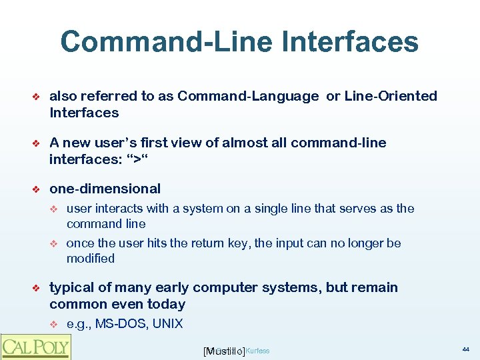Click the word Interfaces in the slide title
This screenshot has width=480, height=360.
351,41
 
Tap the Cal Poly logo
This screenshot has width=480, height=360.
35,346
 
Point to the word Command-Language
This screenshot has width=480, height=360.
248,96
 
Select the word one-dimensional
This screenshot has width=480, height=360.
105,189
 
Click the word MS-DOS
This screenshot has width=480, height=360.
122,324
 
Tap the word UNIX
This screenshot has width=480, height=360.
167,324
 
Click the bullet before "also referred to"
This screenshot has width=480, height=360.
37,97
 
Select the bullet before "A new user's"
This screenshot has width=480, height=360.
37,143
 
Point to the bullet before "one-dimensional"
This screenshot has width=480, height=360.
37,189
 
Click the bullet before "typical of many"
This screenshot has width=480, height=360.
37,288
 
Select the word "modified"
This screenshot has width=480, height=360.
91,259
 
